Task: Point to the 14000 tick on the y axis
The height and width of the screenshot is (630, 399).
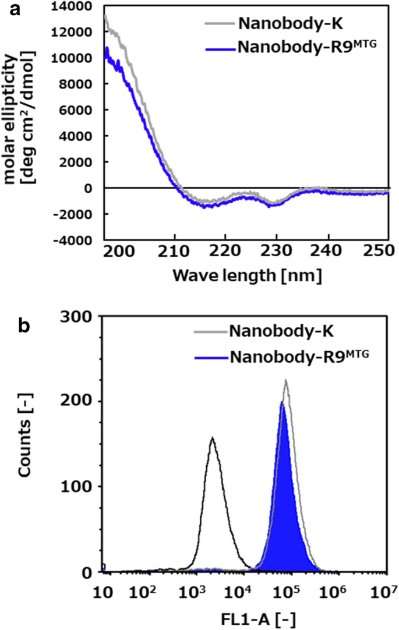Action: [x=75, y=6]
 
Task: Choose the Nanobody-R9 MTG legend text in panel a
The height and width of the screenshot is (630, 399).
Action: [x=303, y=49]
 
